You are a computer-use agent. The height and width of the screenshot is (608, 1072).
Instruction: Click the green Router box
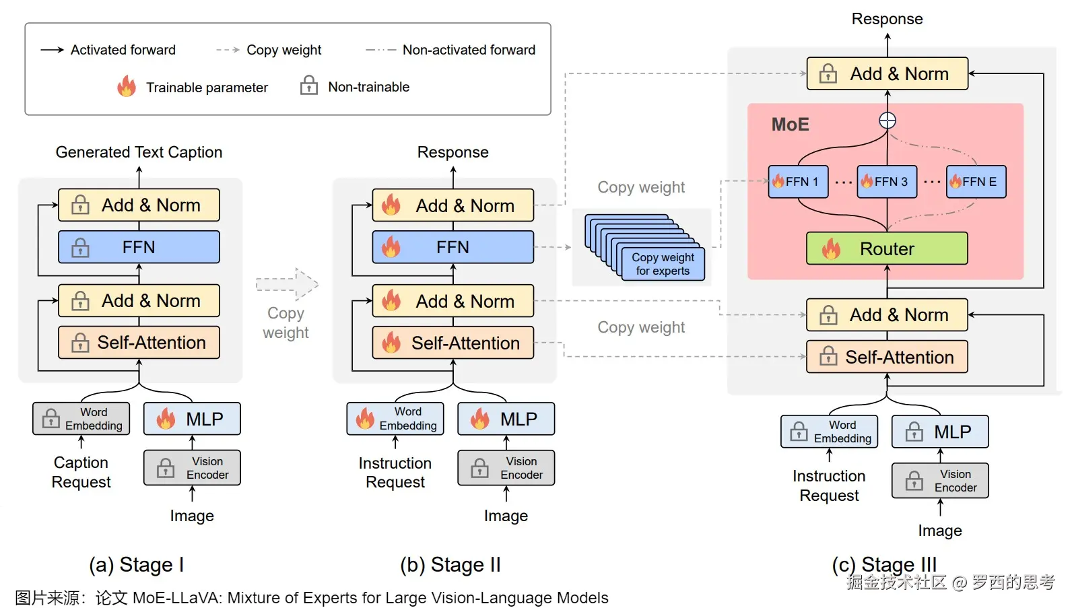click(x=887, y=248)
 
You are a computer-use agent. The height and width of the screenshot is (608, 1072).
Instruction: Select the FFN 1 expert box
click(x=798, y=182)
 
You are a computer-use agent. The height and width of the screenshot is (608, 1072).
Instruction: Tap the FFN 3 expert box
click(x=887, y=182)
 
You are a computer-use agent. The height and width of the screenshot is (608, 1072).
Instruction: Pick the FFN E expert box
click(x=976, y=182)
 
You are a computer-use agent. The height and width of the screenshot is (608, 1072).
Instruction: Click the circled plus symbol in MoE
click(x=887, y=121)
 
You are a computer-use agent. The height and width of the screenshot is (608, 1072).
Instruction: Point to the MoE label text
click(x=790, y=125)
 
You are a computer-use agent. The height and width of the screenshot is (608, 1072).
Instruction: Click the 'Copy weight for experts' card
click(x=663, y=264)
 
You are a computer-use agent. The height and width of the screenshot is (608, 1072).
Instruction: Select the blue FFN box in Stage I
click(x=139, y=247)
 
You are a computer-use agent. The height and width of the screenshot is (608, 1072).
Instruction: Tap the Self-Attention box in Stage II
click(x=453, y=343)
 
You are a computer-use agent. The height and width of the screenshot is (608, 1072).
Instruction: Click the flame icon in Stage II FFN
click(x=391, y=247)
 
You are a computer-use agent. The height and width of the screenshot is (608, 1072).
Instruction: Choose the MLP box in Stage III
click(x=940, y=432)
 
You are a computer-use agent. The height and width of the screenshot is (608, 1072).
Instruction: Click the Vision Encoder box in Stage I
click(x=192, y=468)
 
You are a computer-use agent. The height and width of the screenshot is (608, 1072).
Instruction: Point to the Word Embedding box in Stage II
click(x=395, y=419)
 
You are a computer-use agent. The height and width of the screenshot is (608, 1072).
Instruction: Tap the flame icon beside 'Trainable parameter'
click(x=126, y=87)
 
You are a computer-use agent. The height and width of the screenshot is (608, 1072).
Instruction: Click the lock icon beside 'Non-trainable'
click(x=309, y=86)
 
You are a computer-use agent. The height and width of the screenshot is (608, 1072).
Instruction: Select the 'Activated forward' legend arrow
click(x=52, y=50)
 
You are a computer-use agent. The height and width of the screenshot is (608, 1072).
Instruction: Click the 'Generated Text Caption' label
click(x=139, y=152)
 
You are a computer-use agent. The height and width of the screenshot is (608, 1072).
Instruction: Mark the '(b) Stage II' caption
click(x=450, y=564)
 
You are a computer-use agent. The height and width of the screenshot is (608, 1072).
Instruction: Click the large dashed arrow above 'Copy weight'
click(x=288, y=284)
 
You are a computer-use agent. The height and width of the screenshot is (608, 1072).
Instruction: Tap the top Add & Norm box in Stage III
click(x=887, y=74)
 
